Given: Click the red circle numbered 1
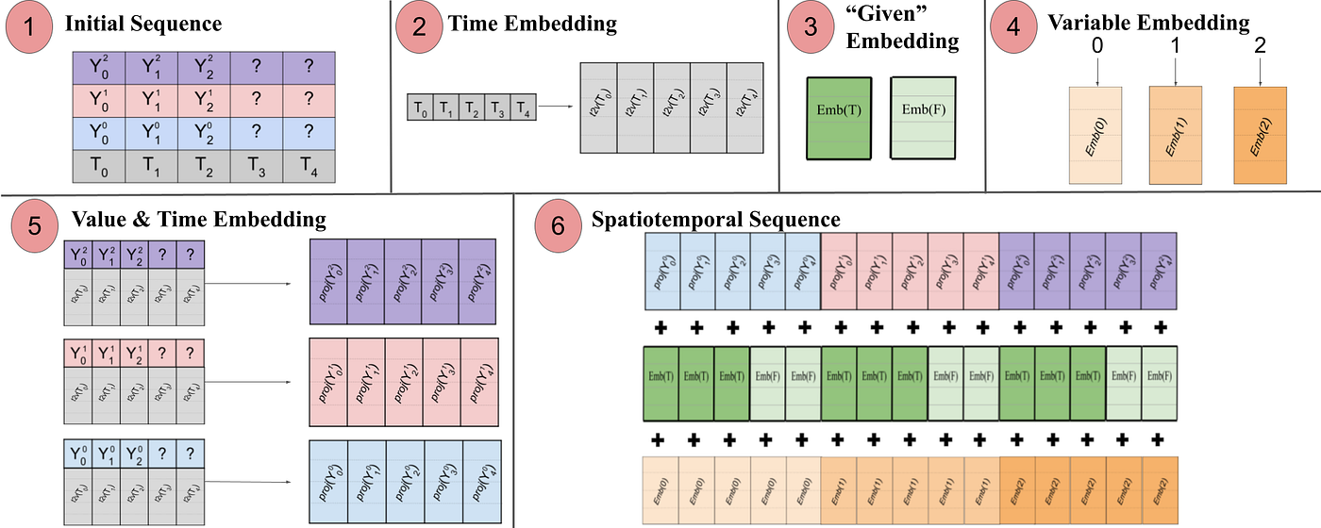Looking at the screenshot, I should [31, 26].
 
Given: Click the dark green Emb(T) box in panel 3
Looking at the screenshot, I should [840, 116].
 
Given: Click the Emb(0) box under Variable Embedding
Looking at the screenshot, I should [1095, 135].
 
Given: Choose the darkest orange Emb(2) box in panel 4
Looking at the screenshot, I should [1261, 135].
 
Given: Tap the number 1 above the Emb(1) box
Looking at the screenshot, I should [1175, 45].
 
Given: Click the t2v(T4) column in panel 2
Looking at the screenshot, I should [745, 108].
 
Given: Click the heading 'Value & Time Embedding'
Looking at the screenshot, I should [199, 221].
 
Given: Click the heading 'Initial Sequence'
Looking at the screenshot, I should [142, 24].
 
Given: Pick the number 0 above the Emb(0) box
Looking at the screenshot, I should [1095, 45].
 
